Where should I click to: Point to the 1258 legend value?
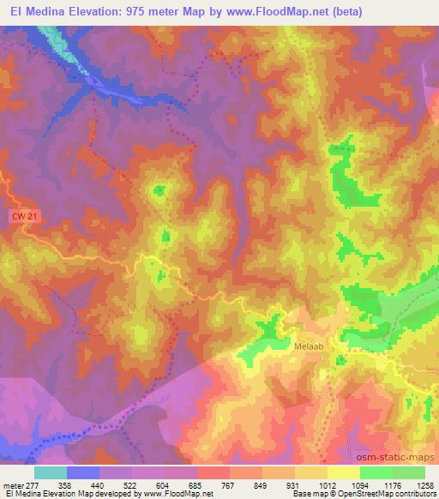426,486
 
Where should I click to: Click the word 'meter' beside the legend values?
14,486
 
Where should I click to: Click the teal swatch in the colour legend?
51,472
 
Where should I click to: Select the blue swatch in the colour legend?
83,472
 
